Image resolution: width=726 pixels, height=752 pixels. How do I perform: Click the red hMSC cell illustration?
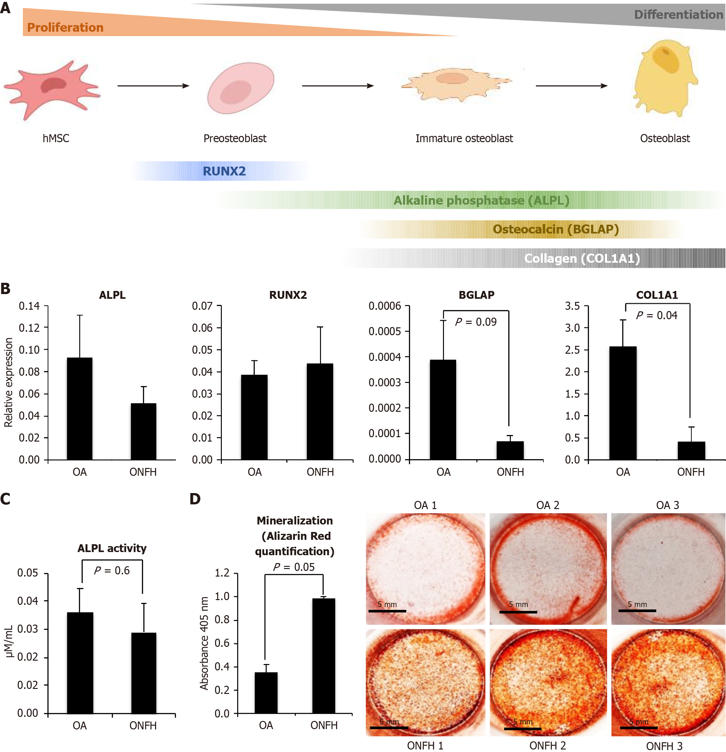click(x=52, y=90)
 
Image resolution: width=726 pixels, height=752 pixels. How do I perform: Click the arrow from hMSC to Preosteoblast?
click(x=153, y=86)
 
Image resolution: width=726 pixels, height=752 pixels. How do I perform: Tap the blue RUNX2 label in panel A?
click(x=224, y=171)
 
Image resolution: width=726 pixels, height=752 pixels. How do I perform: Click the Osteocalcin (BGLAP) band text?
click(x=555, y=229)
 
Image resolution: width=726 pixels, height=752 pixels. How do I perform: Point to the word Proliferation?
click(x=65, y=28)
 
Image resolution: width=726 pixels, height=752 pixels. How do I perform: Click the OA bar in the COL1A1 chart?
click(x=622, y=403)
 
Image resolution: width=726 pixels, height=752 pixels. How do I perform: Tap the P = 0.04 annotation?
click(x=657, y=315)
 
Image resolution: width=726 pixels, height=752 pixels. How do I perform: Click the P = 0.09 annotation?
click(x=476, y=322)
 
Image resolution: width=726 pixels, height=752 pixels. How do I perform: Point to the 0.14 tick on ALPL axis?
click(x=29, y=306)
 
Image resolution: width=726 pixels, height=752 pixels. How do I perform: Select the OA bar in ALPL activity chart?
click(x=80, y=663)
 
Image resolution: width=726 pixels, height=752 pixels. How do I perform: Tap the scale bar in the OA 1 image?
click(x=387, y=610)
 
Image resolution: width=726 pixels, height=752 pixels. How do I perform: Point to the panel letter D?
click(x=195, y=499)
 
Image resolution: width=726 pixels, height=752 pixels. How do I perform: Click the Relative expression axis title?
click(x=8, y=382)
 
